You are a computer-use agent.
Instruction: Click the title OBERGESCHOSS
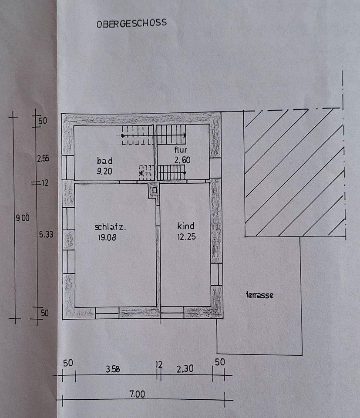[x=131, y=23]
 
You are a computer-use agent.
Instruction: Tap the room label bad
[x=105, y=161]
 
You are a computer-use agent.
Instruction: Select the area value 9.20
[x=105, y=171]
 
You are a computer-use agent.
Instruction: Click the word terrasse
[x=259, y=295]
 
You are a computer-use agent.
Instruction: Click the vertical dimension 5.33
[x=45, y=234]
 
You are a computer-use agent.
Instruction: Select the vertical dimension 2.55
[x=43, y=159]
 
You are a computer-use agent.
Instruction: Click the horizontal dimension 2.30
[x=185, y=369]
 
